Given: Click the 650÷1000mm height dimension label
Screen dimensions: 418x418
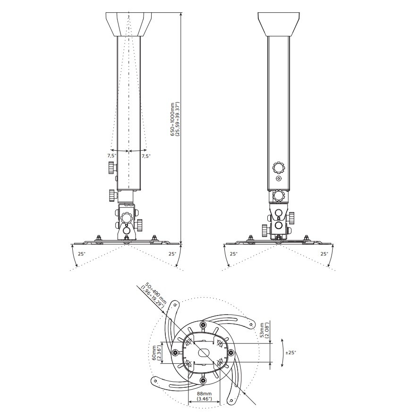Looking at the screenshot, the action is click(176, 119).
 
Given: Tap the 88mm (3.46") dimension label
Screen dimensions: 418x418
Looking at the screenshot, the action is click(204, 396).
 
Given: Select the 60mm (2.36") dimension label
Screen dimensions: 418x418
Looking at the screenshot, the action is click(157, 354).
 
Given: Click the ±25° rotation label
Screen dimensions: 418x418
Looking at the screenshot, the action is click(290, 352).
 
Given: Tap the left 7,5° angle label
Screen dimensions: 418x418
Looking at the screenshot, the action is click(111, 156).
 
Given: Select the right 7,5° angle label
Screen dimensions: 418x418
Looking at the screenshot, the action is click(146, 156).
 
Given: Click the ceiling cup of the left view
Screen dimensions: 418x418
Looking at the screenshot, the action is click(129, 24).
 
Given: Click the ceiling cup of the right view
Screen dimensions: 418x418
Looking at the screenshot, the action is click(278, 24).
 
